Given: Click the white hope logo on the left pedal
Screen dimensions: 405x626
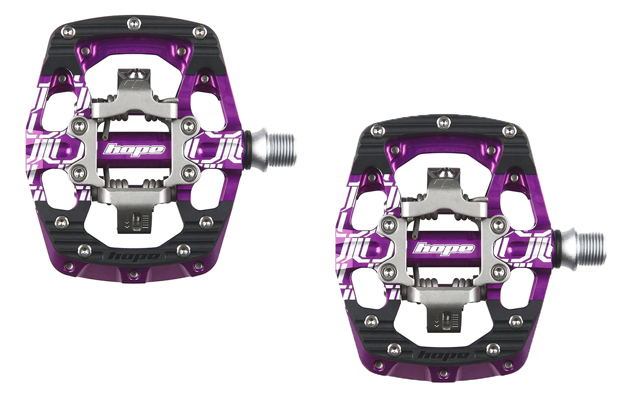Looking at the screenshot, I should click(x=134, y=150).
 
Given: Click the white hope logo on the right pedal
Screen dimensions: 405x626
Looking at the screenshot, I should click(x=444, y=249).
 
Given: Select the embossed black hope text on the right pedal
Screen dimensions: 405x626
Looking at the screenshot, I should click(x=444, y=355).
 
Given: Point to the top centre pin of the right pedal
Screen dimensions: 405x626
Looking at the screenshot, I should click(x=444, y=121).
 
